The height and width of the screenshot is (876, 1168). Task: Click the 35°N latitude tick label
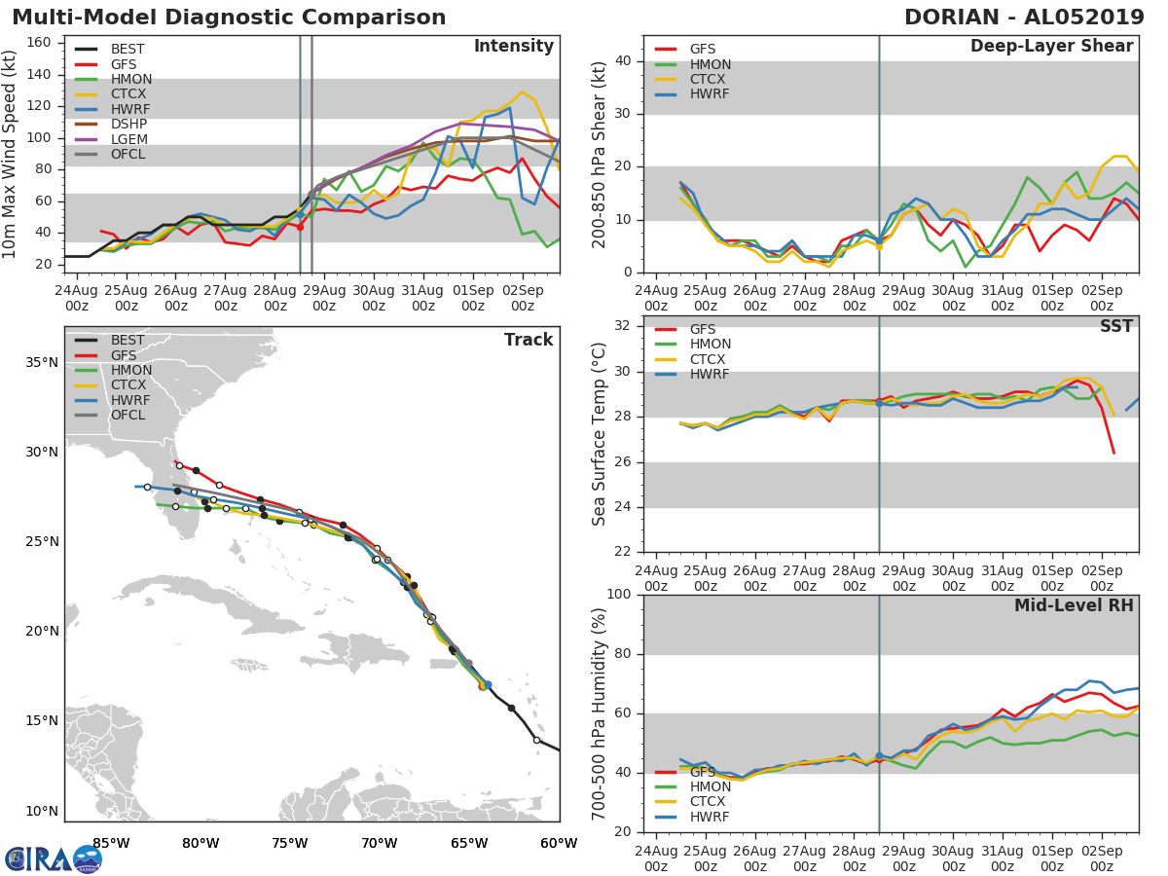(41, 363)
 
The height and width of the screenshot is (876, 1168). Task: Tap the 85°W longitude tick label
(111, 843)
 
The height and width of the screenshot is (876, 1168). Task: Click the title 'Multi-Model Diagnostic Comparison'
(229, 18)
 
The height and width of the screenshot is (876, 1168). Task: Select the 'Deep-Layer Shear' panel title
(1051, 47)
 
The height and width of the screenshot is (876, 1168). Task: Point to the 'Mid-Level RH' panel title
(1074, 605)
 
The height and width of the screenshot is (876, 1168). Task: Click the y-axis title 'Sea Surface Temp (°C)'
(600, 435)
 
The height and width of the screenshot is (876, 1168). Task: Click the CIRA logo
(54, 858)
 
